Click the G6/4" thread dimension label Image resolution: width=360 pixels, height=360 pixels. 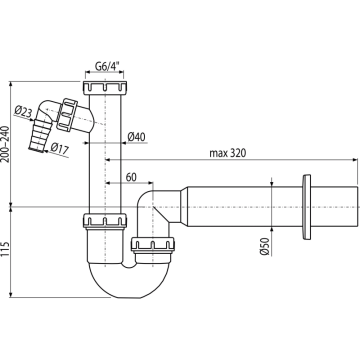tap(107, 66)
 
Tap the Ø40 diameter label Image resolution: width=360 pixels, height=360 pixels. tap(136, 137)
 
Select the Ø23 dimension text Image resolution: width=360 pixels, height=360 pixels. tap(23, 112)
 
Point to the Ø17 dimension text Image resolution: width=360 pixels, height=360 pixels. tap(59, 148)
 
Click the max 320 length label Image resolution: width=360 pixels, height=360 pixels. tap(227, 153)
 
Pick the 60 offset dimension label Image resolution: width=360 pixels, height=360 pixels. tap(131, 177)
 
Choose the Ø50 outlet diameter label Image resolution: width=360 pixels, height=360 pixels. tap(264, 246)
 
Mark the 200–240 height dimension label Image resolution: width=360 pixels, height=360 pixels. tap(5, 144)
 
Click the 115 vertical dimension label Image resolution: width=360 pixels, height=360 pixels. tap(5, 249)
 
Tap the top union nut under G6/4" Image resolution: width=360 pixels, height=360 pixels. tap(105, 87)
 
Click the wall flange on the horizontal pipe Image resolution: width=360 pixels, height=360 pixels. tap(306, 207)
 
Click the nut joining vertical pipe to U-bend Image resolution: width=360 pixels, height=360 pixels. tap(104, 221)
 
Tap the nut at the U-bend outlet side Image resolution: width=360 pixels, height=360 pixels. tap(153, 244)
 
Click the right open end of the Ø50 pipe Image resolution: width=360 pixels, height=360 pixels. tap(357, 206)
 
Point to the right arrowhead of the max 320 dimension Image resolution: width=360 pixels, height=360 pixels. tap(355, 159)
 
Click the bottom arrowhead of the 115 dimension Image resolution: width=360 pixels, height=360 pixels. tap(10, 295)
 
